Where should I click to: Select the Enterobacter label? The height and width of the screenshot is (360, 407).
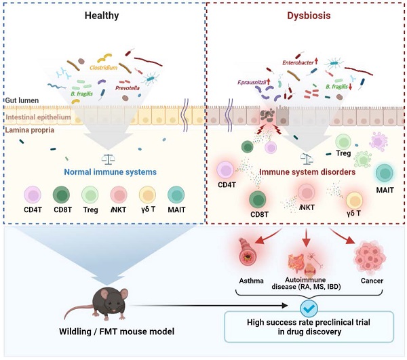pos(305,63)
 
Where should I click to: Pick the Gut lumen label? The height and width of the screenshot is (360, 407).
pos(19,100)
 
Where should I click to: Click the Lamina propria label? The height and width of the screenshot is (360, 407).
pos(25,127)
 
